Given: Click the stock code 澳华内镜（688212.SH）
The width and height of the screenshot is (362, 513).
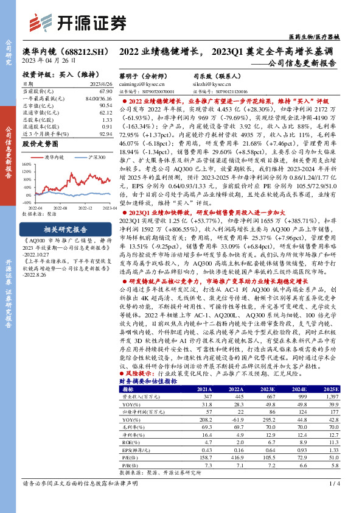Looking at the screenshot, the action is [61, 53].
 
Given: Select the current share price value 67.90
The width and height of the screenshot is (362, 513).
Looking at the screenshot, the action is [105, 90].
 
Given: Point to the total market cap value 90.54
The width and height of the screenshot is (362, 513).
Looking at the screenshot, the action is [105, 105].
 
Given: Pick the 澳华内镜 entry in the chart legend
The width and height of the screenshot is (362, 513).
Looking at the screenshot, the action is [55, 157].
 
